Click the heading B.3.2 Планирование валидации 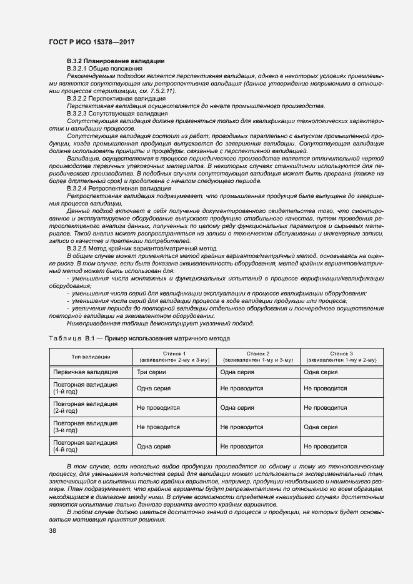[116, 61]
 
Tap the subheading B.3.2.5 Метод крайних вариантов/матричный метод [142, 248]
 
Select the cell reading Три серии [151, 372]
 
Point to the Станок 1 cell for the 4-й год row [154, 446]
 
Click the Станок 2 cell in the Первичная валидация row [237, 372]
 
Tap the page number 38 [52, 530]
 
